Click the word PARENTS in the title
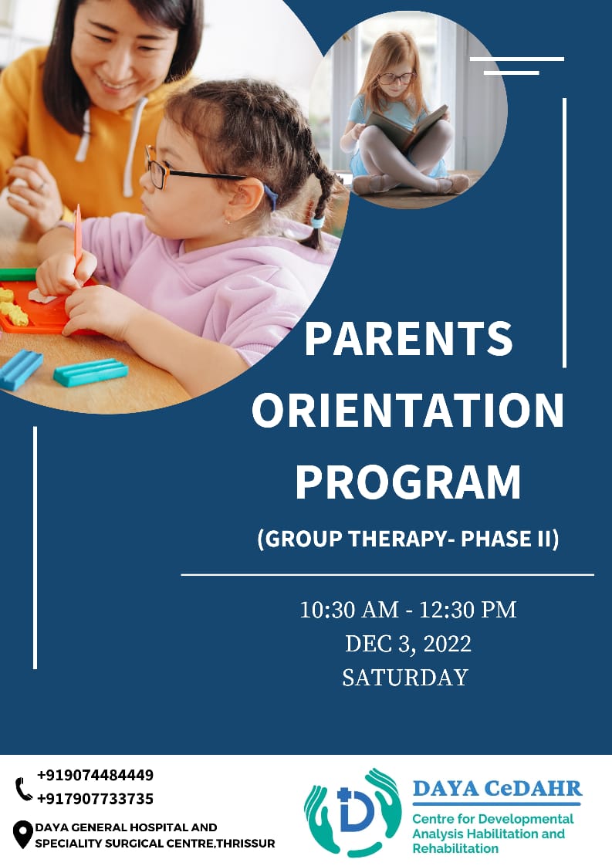(x=408, y=339)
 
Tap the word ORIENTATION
(x=407, y=410)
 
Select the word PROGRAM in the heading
(x=407, y=482)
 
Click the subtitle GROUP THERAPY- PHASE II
(x=408, y=539)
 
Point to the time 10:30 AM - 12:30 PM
(x=407, y=610)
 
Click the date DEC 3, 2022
(x=408, y=644)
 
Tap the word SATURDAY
(x=405, y=678)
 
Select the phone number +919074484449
(x=95, y=775)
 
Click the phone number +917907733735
(x=95, y=799)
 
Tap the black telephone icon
(x=23, y=789)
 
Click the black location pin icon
(x=22, y=834)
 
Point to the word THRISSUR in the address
(x=245, y=844)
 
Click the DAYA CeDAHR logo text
(x=497, y=788)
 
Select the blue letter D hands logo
(x=353, y=811)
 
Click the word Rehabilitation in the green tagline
(x=455, y=848)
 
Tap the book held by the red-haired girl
(x=407, y=127)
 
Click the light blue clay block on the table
(x=90, y=372)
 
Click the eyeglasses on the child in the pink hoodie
(x=188, y=169)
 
